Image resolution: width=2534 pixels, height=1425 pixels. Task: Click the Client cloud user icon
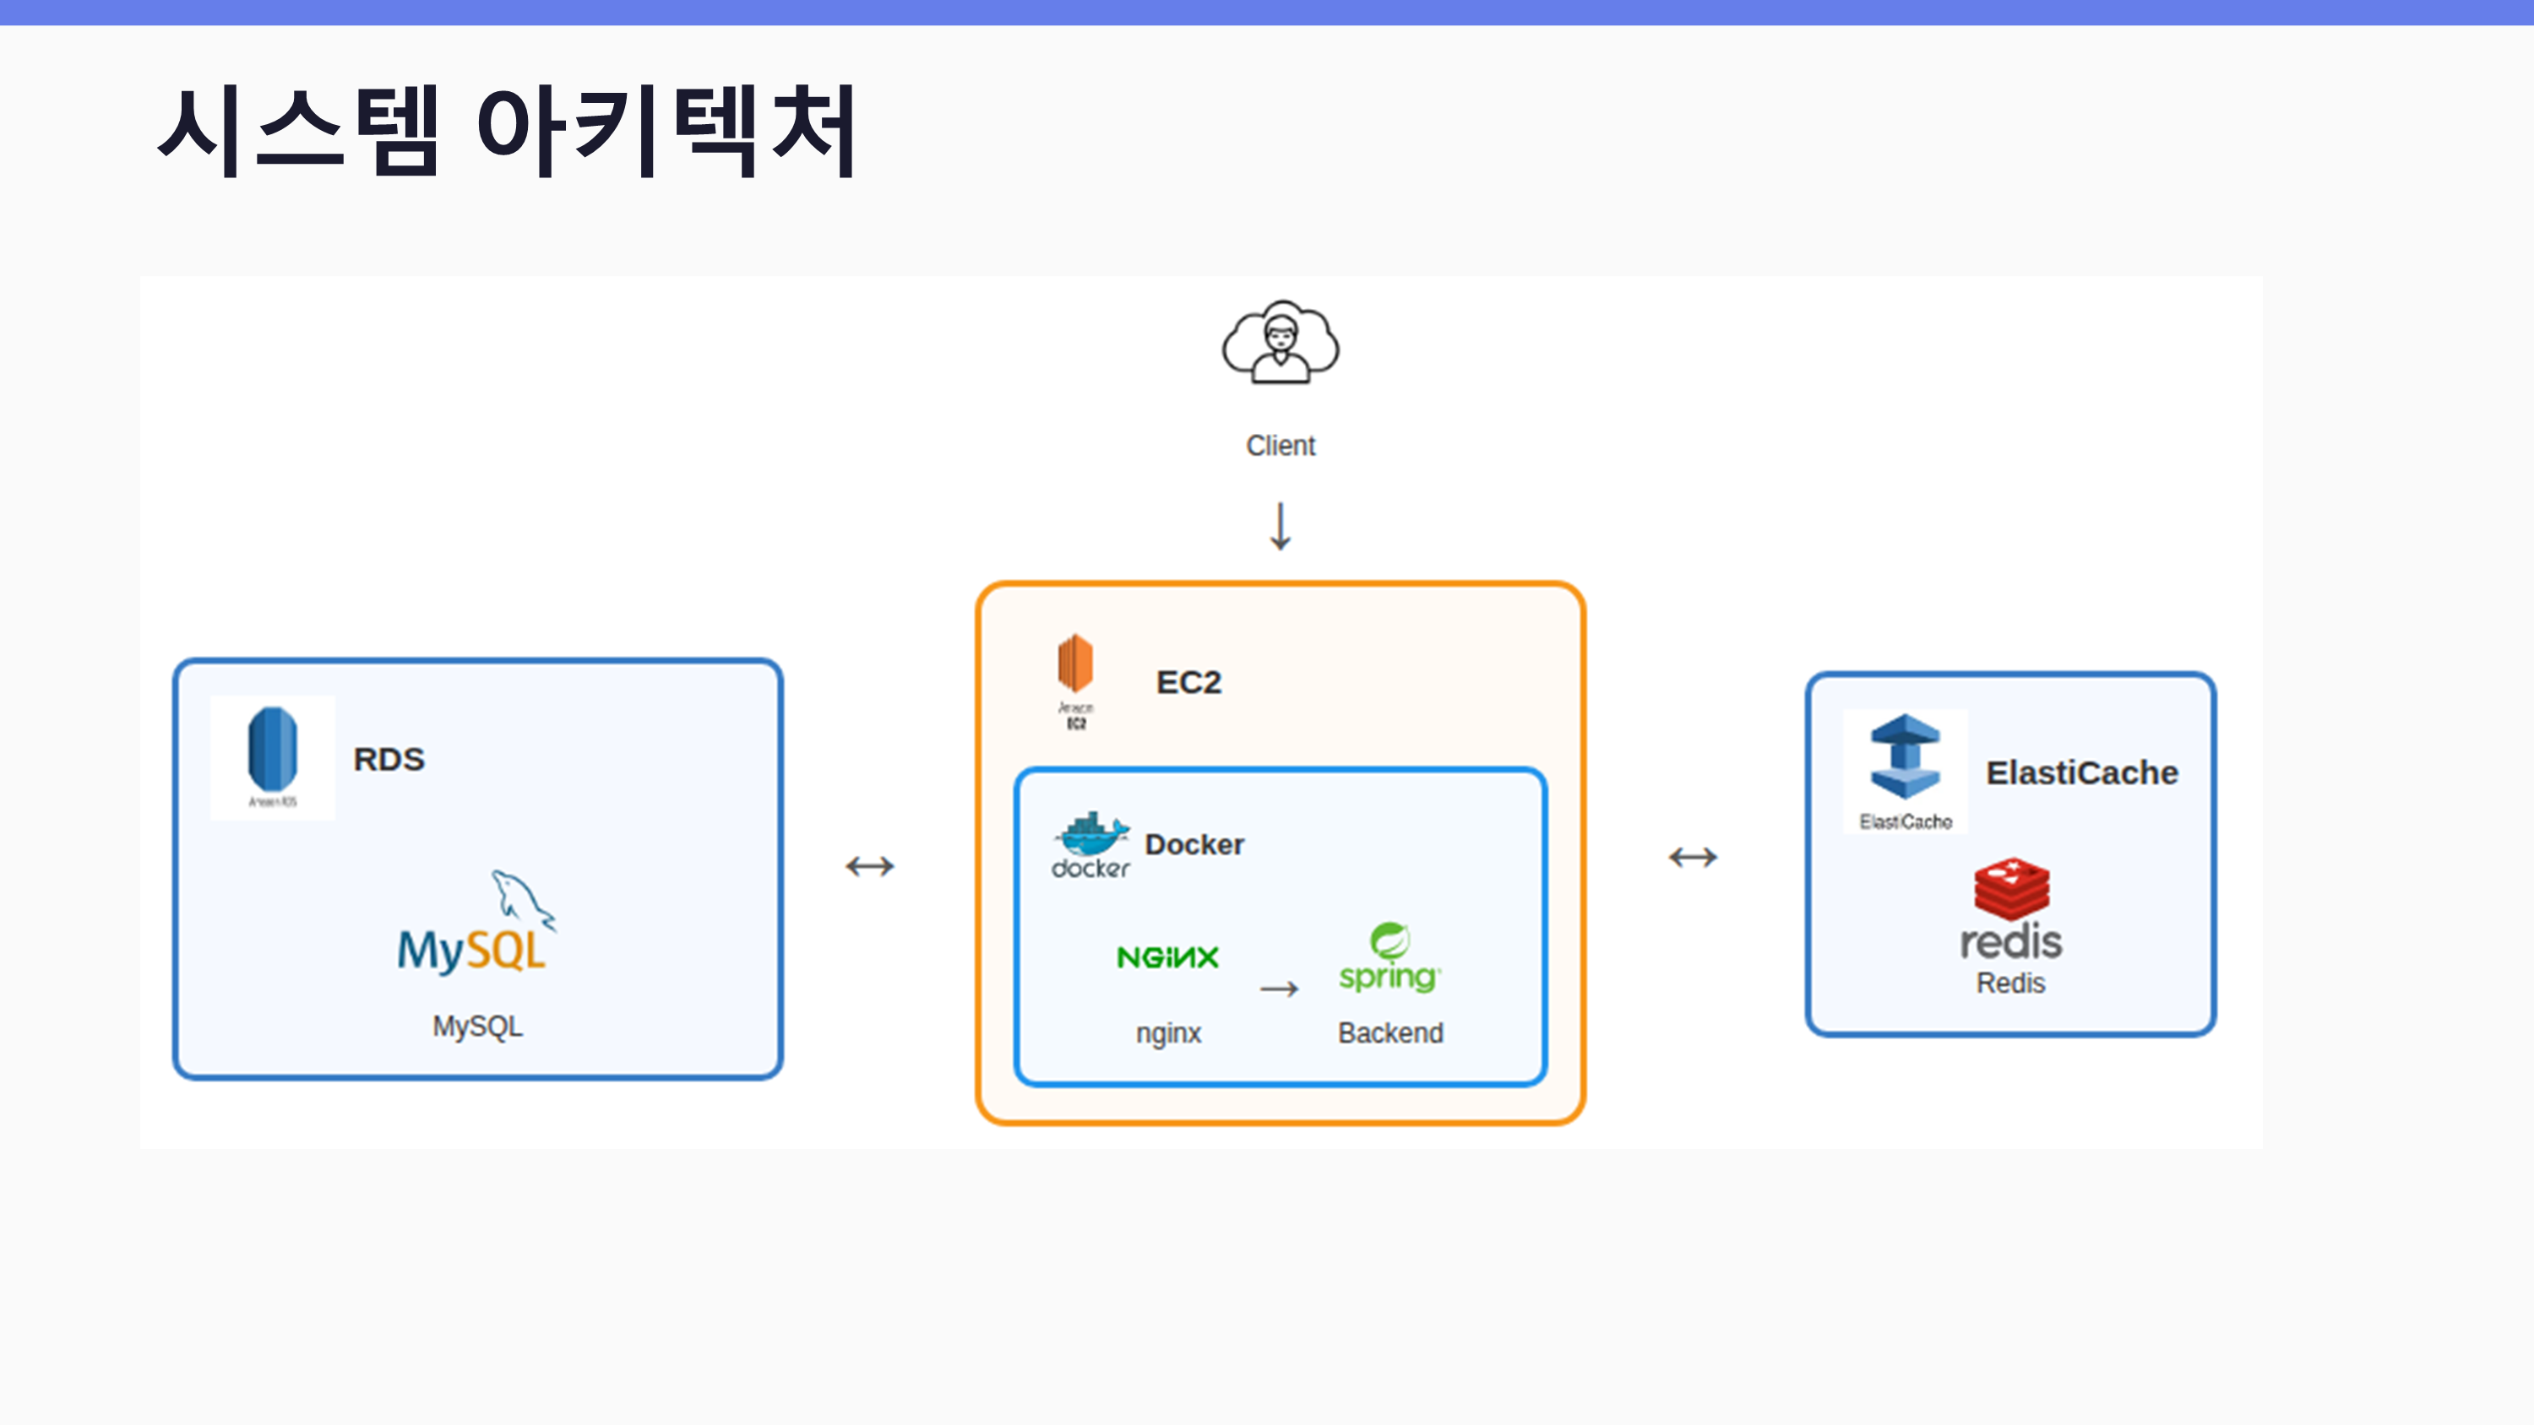pos(1280,342)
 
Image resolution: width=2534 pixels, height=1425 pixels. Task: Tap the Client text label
pos(1280,446)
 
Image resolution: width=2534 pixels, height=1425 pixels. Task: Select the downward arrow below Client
pos(1280,526)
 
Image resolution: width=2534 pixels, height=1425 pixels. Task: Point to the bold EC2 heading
pos(1188,682)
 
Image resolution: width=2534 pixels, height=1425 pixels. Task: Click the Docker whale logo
pos(1091,836)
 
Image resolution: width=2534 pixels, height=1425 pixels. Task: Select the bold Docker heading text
pos(1194,845)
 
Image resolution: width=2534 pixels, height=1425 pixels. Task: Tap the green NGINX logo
pos(1167,956)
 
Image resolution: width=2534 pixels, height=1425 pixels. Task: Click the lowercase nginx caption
pos(1169,1032)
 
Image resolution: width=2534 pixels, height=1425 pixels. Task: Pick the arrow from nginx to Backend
pos(1279,989)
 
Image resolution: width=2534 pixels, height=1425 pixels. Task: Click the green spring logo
pos(1389,956)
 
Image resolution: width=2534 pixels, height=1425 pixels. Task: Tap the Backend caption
pos(1390,1032)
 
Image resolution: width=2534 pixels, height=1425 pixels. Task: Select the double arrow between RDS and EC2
pos(870,866)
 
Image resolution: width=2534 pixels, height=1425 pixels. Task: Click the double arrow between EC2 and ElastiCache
pos(1692,858)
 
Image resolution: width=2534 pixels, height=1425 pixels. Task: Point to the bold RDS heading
pos(389,759)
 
